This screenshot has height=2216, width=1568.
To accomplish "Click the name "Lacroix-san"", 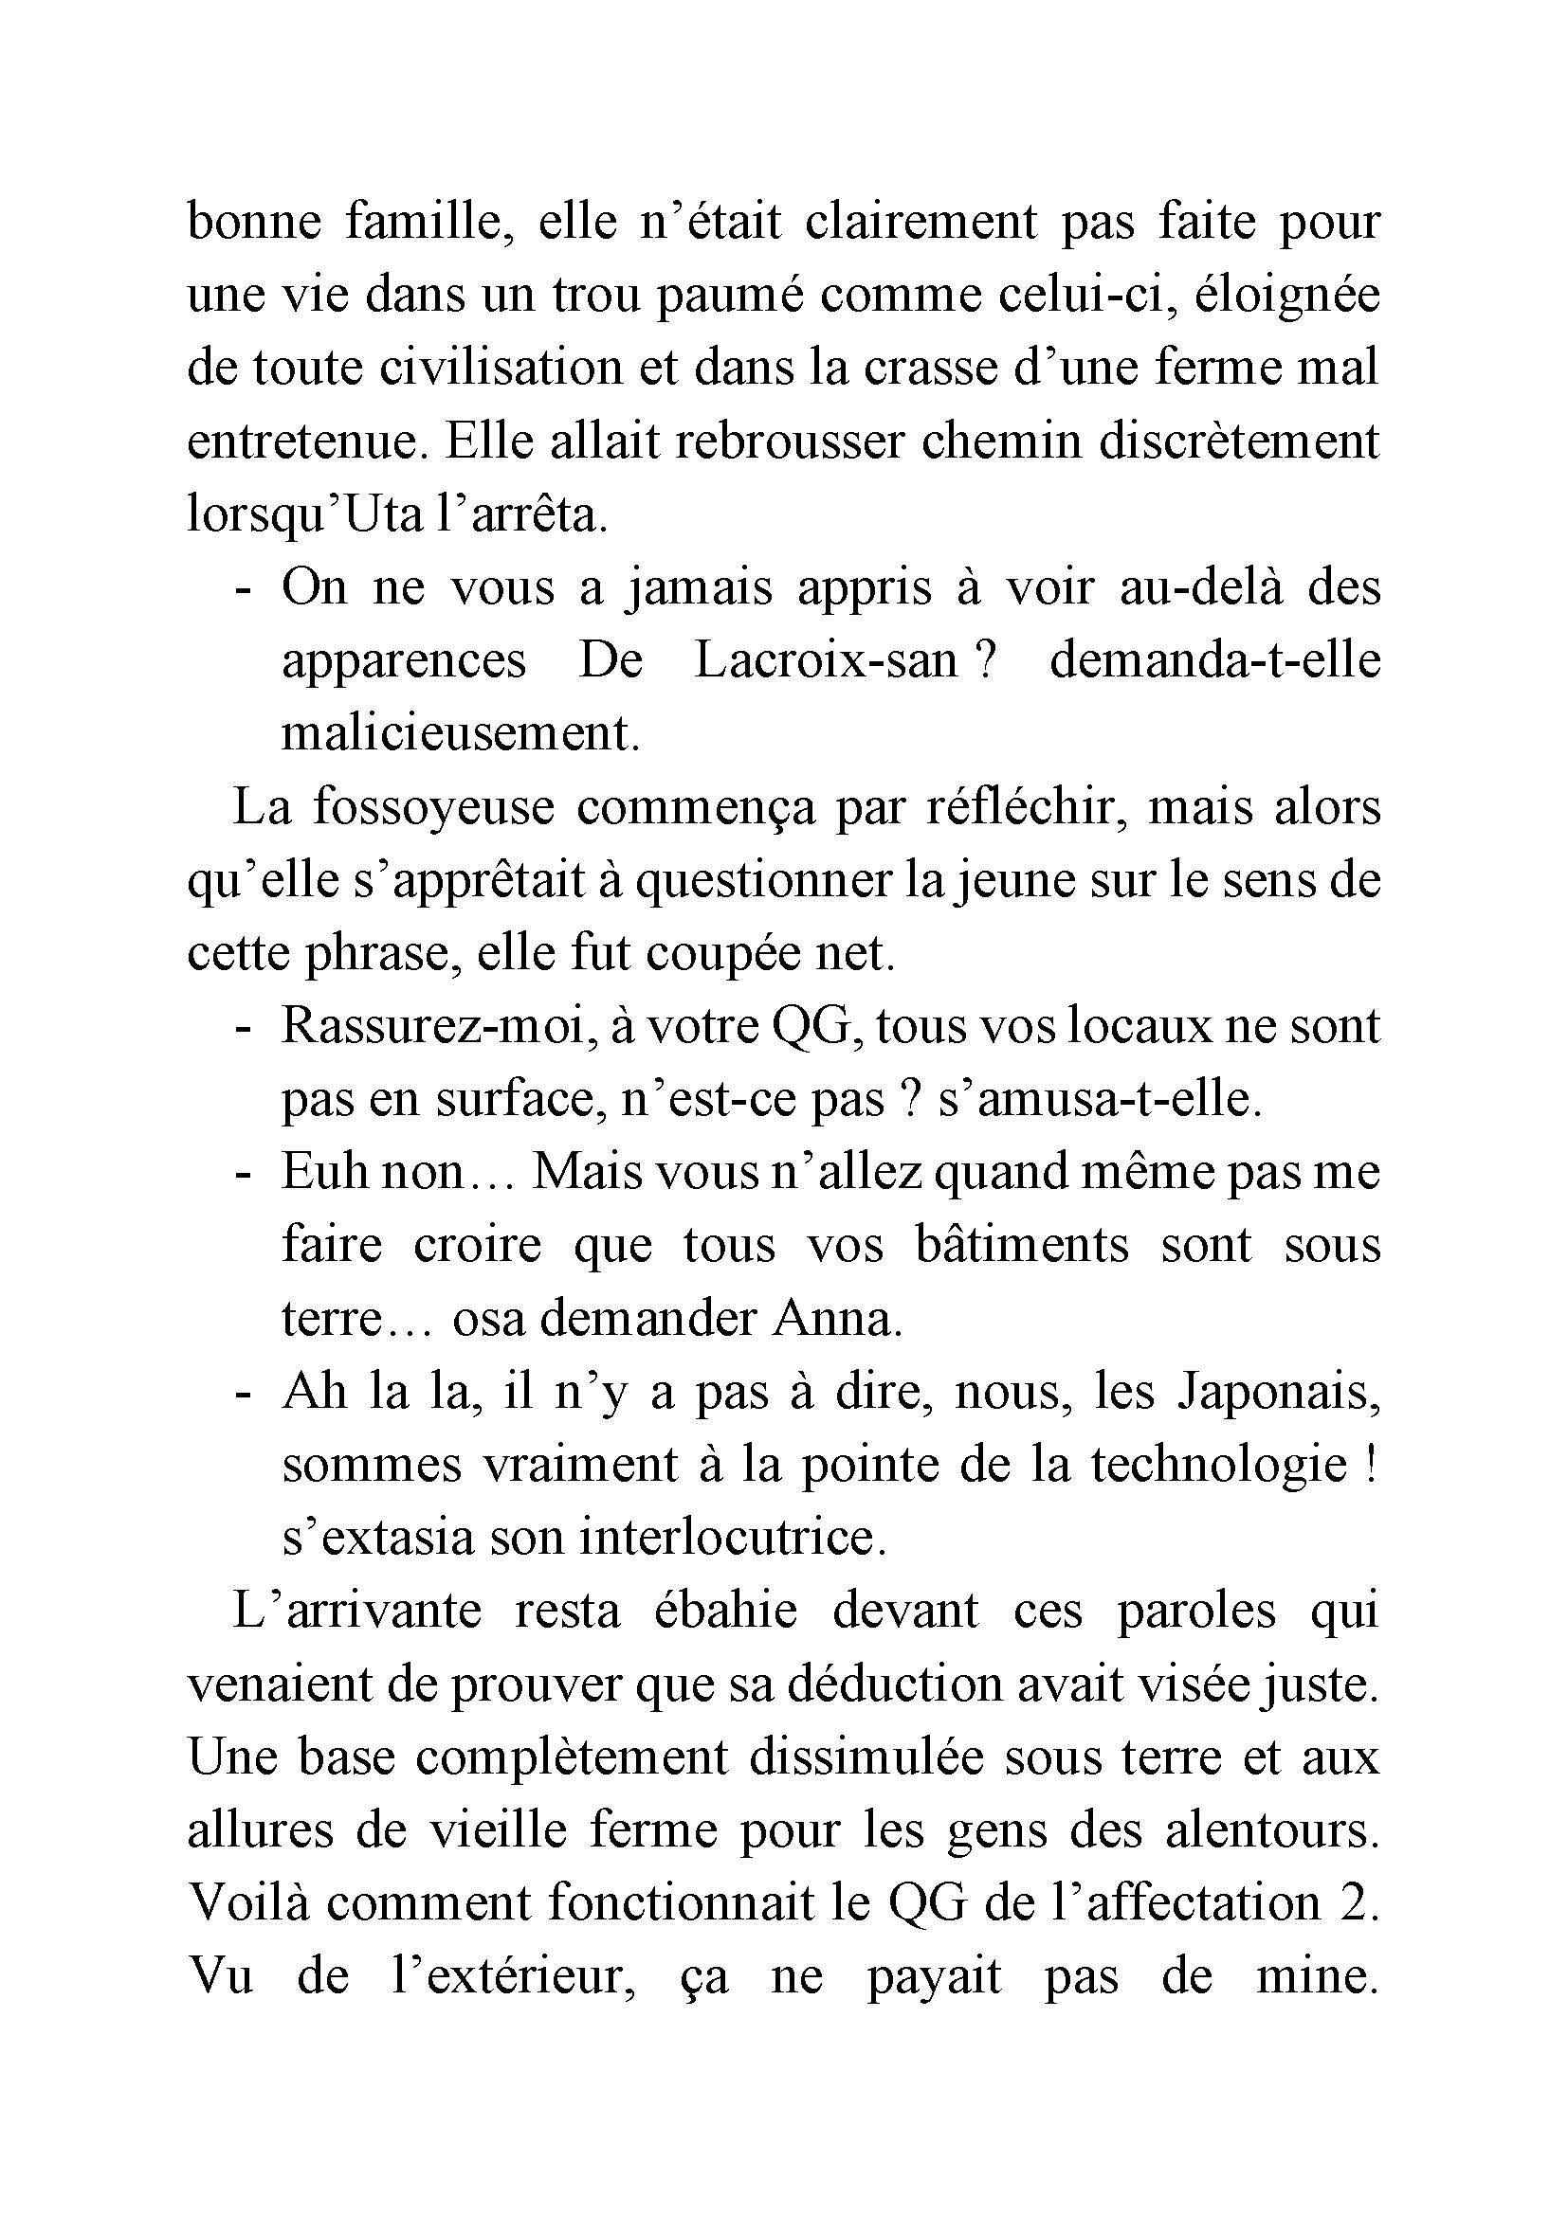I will [825, 662].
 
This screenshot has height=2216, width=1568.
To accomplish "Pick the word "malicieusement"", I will [461, 735].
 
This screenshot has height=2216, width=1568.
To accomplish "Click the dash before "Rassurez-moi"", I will [244, 1028].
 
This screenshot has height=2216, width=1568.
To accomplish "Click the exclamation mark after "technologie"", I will [1371, 1466].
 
